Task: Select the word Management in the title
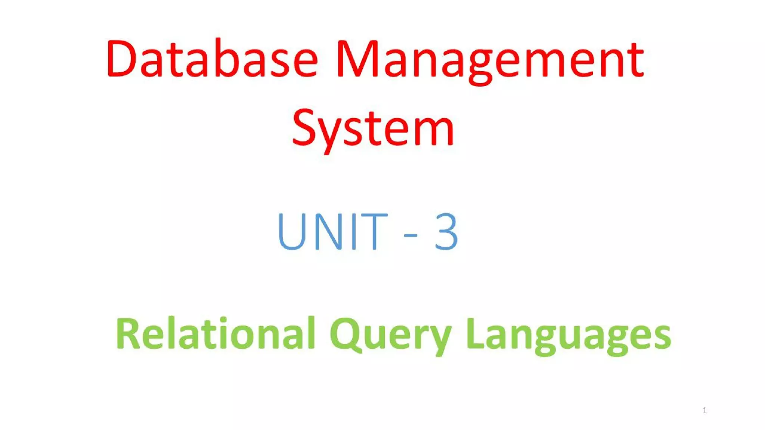point(490,60)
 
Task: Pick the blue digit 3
point(446,231)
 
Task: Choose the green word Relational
point(216,333)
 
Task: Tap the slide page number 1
point(704,411)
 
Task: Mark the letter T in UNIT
point(374,231)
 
